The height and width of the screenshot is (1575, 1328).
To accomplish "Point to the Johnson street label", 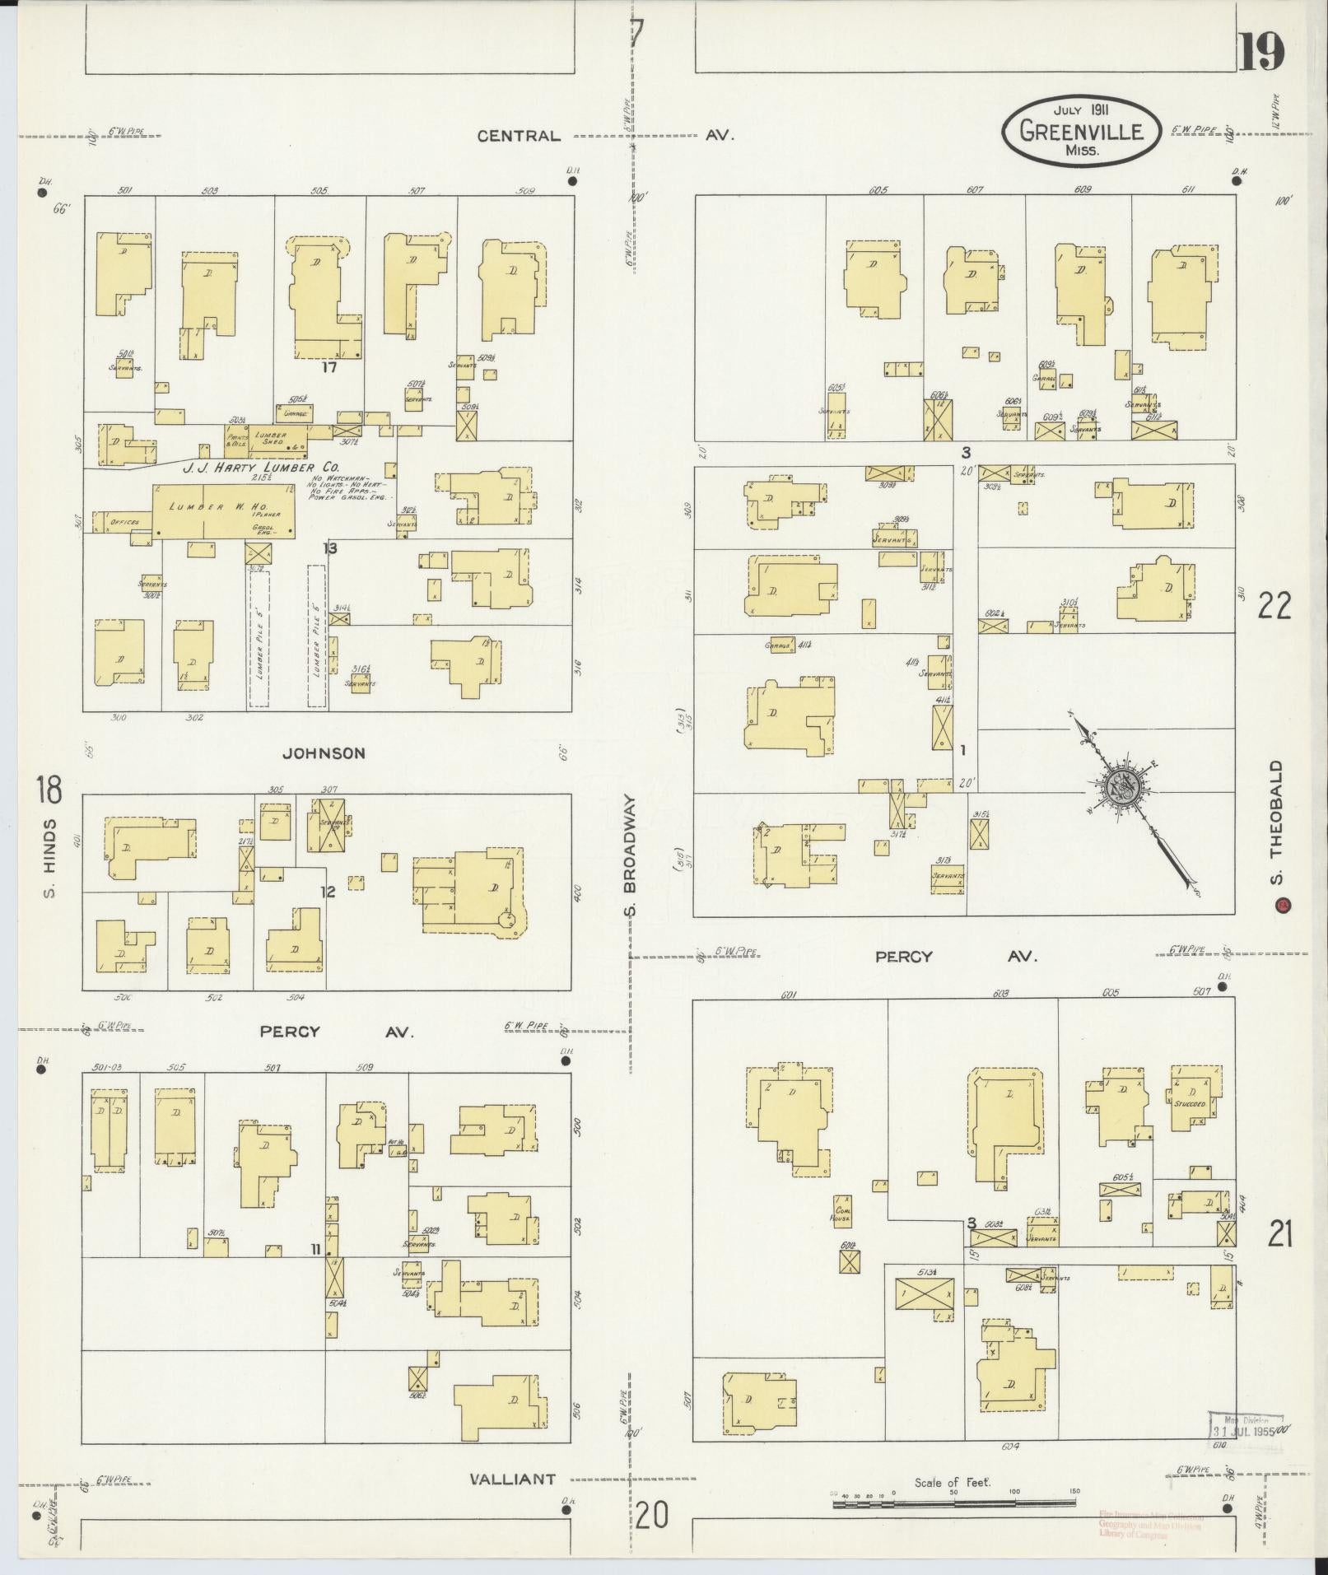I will tap(324, 753).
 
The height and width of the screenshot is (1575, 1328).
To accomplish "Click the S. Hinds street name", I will tap(50, 858).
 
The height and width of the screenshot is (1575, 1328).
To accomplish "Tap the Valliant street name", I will tap(512, 1479).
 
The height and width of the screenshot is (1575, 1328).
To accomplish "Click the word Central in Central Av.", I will tap(519, 136).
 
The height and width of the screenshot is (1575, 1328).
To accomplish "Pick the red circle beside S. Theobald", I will tap(1281, 906).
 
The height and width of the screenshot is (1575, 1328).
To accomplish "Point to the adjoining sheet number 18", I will tap(48, 790).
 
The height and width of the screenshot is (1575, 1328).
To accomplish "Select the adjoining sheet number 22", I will tap(1274, 606).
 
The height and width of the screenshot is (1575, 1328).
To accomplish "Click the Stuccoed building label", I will tap(1190, 1104).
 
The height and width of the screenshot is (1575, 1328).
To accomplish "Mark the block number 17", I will tap(329, 368).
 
